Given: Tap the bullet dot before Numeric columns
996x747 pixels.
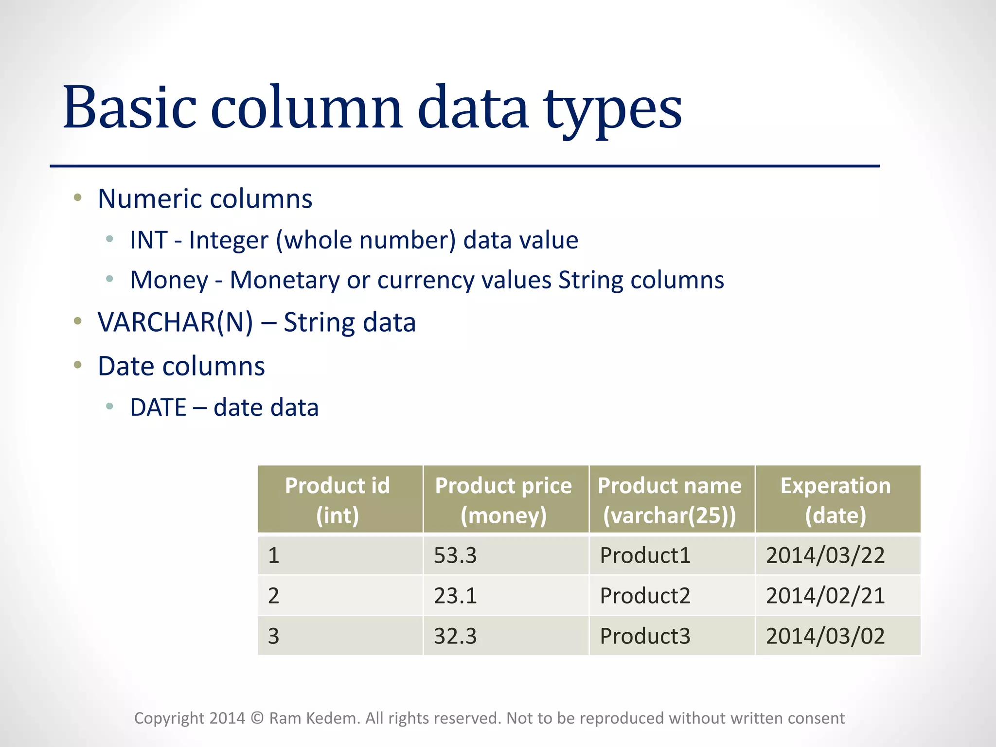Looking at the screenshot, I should (x=77, y=197).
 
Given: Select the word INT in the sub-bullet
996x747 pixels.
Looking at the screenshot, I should (x=149, y=240).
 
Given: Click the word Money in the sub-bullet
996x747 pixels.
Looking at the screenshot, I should (x=169, y=281).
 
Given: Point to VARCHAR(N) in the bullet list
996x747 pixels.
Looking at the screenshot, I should (x=175, y=322).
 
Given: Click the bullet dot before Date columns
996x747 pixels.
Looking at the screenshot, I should (x=77, y=364).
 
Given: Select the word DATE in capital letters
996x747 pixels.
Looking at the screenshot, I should (x=158, y=408).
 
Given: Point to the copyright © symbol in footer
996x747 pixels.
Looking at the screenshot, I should (x=257, y=718).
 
